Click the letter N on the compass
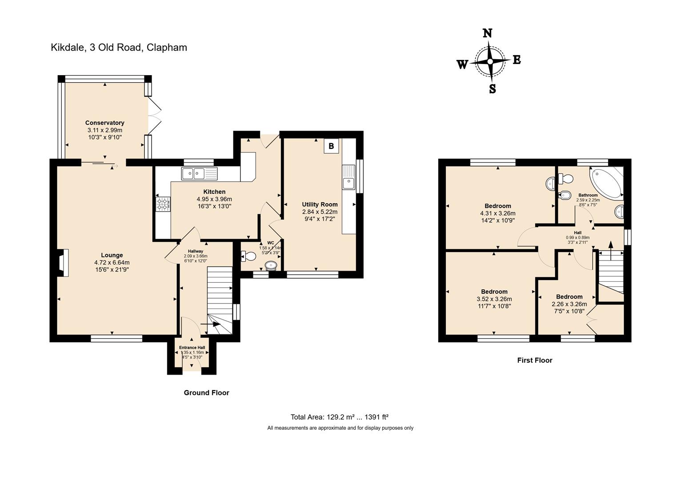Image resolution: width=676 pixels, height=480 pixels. (x=488, y=33)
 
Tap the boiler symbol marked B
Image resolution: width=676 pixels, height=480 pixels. (x=331, y=145)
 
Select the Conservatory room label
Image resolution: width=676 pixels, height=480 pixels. (x=104, y=123)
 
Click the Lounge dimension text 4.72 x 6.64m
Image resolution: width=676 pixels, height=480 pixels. (x=112, y=262)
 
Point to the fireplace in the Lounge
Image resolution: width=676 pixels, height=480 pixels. (x=63, y=263)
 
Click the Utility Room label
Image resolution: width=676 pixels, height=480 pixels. (x=320, y=204)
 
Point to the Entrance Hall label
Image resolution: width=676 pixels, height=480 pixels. (x=192, y=348)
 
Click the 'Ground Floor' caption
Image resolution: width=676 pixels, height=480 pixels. (x=206, y=393)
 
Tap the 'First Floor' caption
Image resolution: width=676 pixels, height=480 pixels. (x=534, y=360)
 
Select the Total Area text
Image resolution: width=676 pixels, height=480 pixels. (x=340, y=417)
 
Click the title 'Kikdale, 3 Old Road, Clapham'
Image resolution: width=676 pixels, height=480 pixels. (x=119, y=48)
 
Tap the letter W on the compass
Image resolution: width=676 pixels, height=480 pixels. (x=462, y=65)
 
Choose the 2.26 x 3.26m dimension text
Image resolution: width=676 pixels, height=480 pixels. (x=569, y=304)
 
